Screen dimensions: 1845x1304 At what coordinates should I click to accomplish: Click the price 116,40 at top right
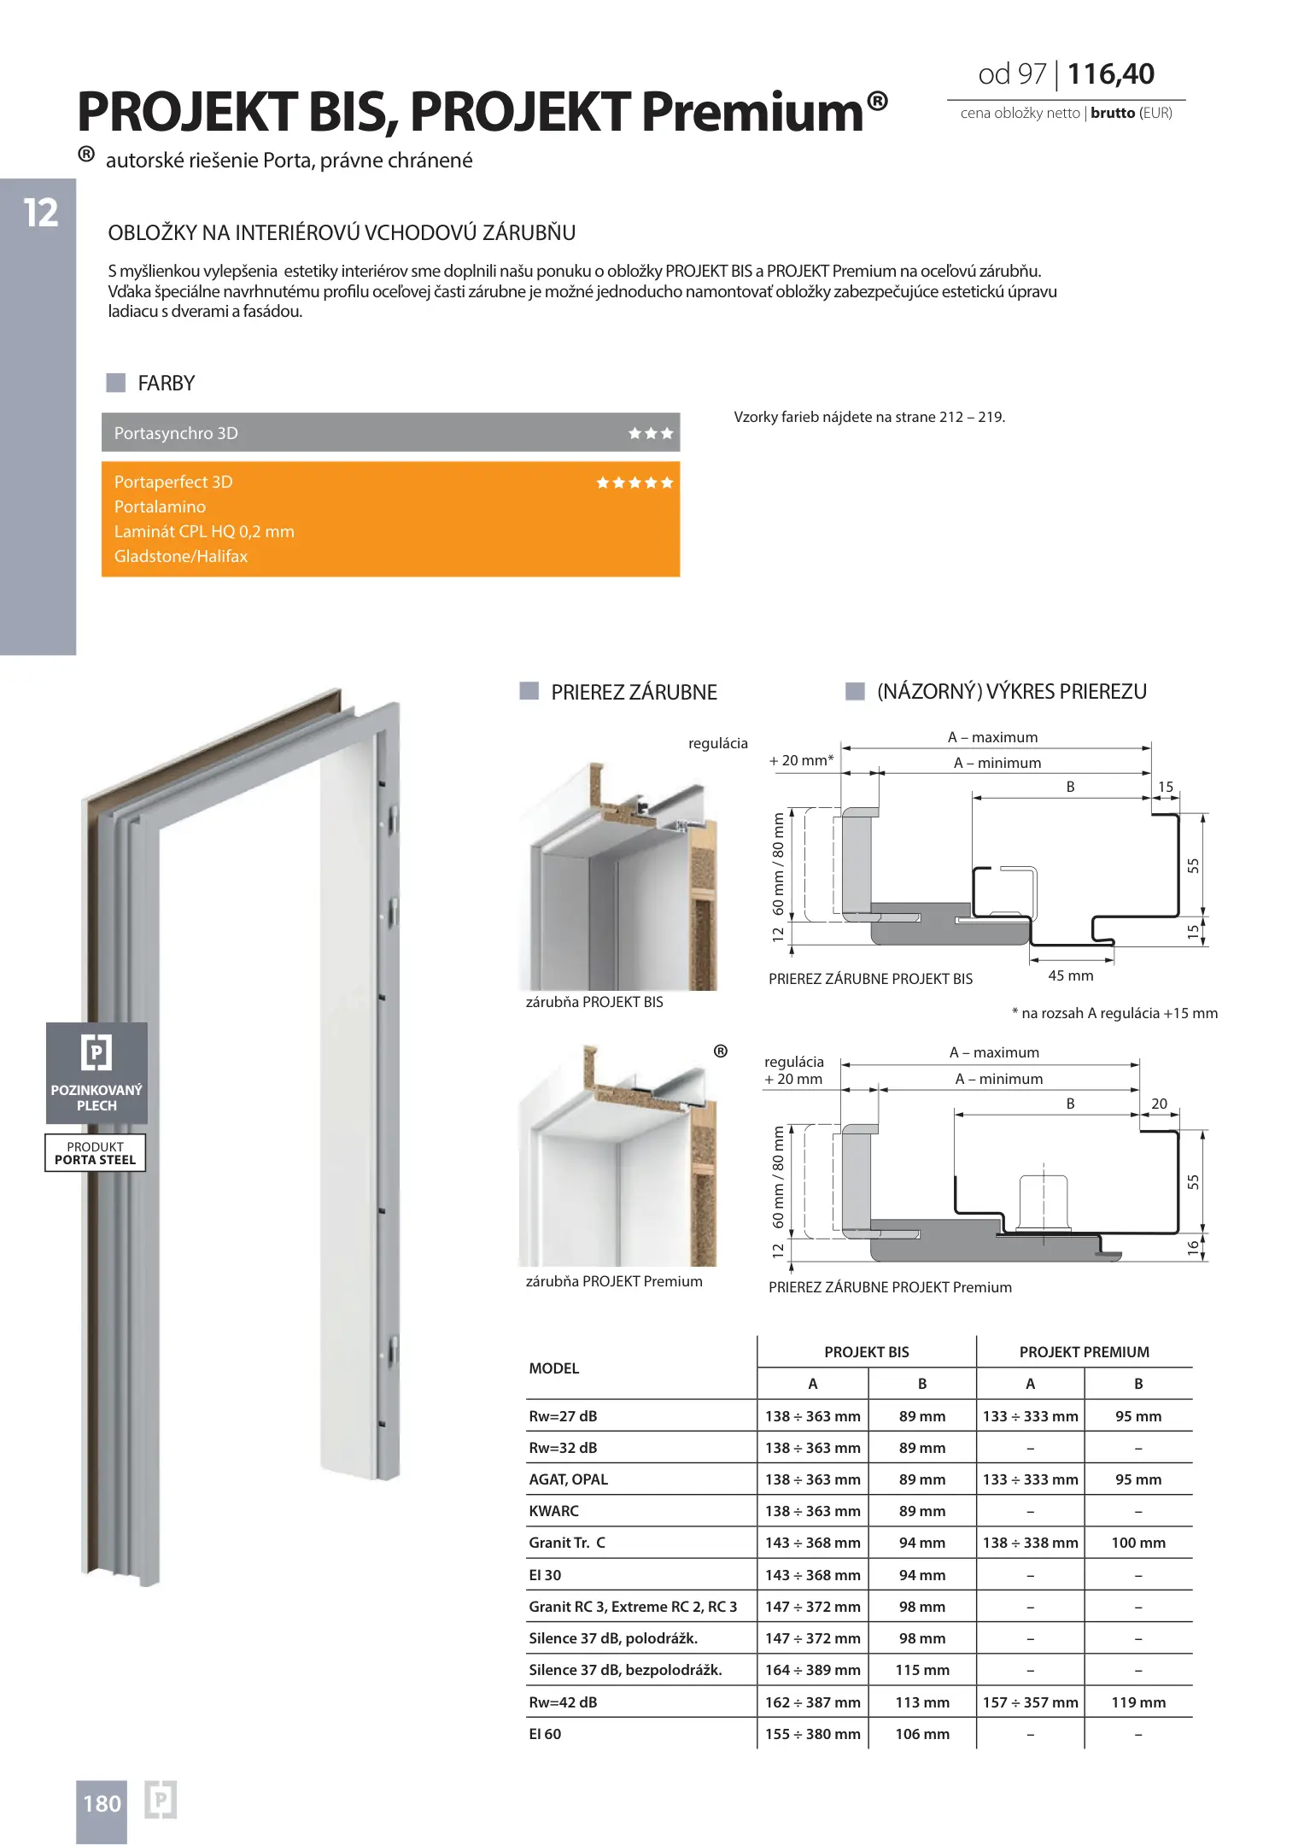pos(1110,74)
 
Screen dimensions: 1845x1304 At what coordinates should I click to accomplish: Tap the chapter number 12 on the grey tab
pos(40,213)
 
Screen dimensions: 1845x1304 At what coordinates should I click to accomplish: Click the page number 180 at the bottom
pos(102,1803)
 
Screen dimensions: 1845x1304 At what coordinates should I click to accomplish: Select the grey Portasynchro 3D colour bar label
pos(176,433)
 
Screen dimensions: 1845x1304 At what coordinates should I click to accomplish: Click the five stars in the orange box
pos(634,483)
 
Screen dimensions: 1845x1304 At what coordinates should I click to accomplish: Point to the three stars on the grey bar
pos(651,433)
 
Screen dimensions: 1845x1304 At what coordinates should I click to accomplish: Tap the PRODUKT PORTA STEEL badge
pos(95,1153)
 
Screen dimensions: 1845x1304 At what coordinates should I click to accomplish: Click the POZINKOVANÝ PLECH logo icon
pos(96,1051)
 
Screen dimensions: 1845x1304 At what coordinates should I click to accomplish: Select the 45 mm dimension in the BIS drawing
pos(1070,975)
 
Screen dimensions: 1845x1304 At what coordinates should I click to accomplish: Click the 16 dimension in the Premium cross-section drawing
pos(1193,1248)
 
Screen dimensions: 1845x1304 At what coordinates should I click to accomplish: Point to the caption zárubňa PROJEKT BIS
pos(594,1002)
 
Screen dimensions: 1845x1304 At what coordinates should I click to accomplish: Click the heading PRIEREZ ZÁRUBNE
pos(634,692)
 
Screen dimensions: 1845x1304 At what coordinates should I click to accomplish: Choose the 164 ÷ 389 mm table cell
pos(812,1670)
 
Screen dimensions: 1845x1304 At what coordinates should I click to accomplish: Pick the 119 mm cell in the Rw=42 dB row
pos(1138,1702)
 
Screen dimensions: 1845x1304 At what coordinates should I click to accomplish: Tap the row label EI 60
pos(545,1734)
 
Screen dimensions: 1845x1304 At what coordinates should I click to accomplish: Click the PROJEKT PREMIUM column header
pos(1084,1352)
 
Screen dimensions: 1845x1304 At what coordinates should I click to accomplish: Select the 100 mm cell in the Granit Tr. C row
pos(1138,1543)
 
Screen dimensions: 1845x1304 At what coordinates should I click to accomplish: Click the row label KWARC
pos(553,1511)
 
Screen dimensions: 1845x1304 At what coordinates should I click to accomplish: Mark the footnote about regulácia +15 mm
pos(1114,1013)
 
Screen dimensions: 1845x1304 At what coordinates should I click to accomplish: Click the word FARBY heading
pos(167,384)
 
